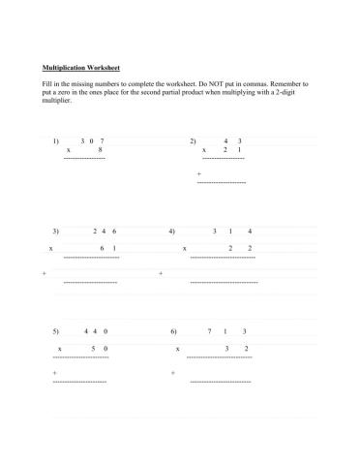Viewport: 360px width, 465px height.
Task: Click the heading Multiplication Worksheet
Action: pyautogui.click(x=81, y=69)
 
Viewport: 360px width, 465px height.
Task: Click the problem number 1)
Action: pyautogui.click(x=57, y=140)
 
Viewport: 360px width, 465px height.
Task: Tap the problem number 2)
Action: pyautogui.click(x=193, y=140)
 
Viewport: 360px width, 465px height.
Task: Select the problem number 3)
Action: pyautogui.click(x=56, y=232)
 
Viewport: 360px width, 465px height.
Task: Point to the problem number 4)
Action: pyautogui.click(x=171, y=232)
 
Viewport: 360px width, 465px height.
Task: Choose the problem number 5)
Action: pyautogui.click(x=56, y=331)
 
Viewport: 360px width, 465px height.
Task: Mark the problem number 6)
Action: pyautogui.click(x=172, y=331)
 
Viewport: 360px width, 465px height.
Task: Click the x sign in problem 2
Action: pyautogui.click(x=203, y=150)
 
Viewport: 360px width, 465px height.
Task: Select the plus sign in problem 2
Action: pyautogui.click(x=198, y=174)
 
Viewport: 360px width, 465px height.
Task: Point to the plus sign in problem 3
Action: pyautogui.click(x=45, y=273)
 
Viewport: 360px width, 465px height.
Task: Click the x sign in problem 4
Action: pyautogui.click(x=184, y=249)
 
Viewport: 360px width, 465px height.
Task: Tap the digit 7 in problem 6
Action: pyautogui.click(x=210, y=331)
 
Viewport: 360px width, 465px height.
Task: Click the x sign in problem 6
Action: pyautogui.click(x=177, y=347)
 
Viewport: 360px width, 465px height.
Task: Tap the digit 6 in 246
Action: pyautogui.click(x=114, y=232)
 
